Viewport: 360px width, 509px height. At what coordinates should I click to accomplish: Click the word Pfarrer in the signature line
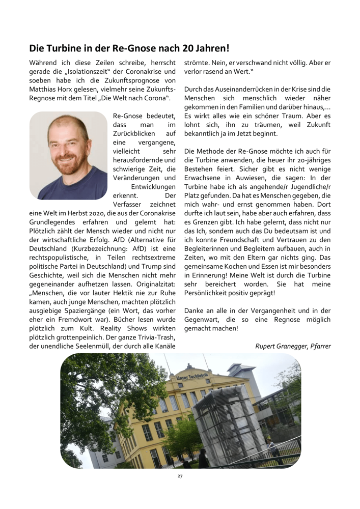[320, 347]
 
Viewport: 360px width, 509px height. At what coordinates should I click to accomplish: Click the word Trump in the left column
[143, 266]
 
